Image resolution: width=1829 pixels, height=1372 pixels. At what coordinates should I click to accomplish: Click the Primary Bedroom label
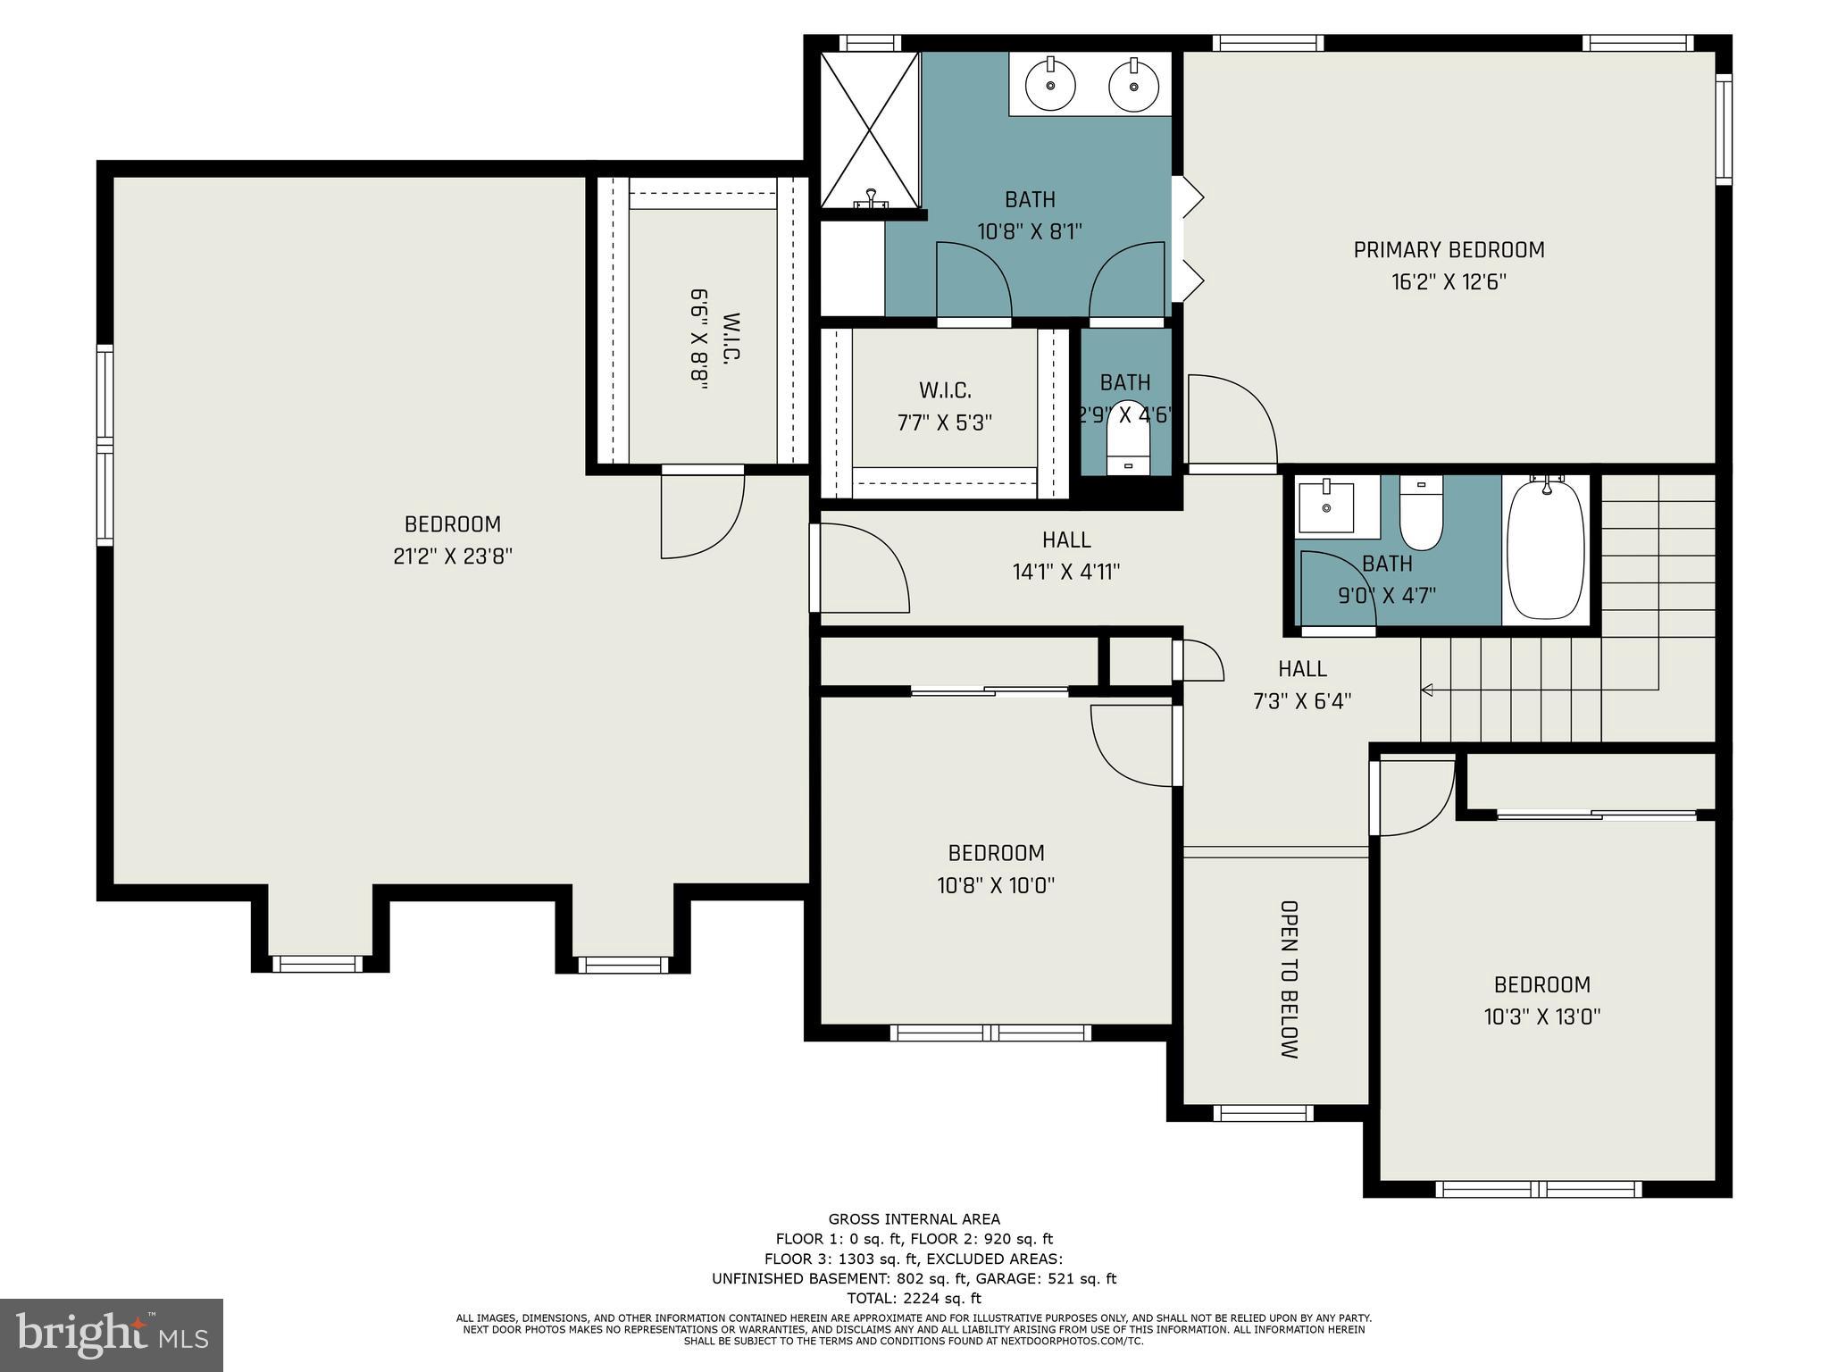click(1449, 250)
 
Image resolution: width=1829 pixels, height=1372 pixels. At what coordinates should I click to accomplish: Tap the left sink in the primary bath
click(1050, 85)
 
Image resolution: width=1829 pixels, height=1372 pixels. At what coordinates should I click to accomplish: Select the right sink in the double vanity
click(1134, 85)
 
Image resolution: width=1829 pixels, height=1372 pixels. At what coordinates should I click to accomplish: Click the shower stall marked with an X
click(869, 130)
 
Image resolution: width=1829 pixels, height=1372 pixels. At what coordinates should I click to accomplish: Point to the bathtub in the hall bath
click(1546, 548)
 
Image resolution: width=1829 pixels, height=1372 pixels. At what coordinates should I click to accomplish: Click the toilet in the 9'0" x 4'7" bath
click(1420, 513)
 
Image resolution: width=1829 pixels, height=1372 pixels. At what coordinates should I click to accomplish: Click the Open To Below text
click(1289, 979)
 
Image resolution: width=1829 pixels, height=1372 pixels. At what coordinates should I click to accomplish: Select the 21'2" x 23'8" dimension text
click(453, 556)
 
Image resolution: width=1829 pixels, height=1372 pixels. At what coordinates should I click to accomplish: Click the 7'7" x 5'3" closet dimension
click(945, 422)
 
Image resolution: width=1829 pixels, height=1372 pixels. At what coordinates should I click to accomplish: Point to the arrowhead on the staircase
click(1426, 690)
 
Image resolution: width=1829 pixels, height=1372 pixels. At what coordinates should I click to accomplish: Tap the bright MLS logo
click(112, 1334)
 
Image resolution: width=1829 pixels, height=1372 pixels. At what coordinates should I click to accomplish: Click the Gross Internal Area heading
click(914, 1219)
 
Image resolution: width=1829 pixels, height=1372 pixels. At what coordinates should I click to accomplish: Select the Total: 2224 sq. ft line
click(914, 1298)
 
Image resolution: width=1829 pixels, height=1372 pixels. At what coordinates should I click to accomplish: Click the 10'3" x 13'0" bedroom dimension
click(1542, 1016)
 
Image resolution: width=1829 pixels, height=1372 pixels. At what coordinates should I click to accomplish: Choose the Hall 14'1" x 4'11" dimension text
click(1066, 572)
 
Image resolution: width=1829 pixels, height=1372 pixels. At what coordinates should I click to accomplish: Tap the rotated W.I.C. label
click(731, 338)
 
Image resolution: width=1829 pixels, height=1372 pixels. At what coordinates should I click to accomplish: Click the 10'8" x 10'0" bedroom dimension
click(996, 885)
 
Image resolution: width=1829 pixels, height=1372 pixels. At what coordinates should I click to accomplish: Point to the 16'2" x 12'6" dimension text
click(1449, 282)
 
